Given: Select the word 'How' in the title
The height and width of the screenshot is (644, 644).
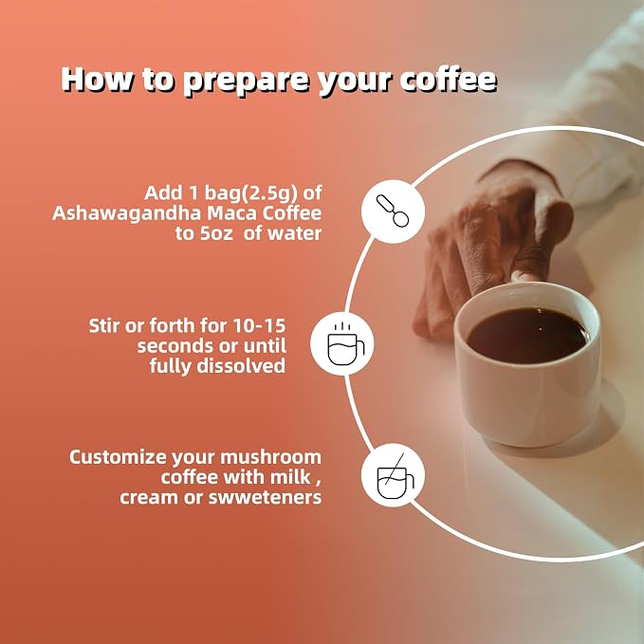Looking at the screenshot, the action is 98,78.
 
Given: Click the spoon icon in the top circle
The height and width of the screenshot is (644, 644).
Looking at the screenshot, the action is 393,211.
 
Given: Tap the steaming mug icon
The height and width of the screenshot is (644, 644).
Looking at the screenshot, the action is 345,343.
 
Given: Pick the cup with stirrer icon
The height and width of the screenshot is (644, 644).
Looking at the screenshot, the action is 395,476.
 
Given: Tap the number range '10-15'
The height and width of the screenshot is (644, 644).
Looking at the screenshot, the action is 259,325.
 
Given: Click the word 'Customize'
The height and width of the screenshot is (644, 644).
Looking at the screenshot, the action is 119,457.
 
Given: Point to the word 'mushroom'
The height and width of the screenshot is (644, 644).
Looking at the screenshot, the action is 270,457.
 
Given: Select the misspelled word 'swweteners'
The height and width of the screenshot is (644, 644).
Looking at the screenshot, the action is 265,497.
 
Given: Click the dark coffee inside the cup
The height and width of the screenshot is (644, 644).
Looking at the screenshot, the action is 527,336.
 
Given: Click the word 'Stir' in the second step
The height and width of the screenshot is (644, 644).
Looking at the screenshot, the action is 104,325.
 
